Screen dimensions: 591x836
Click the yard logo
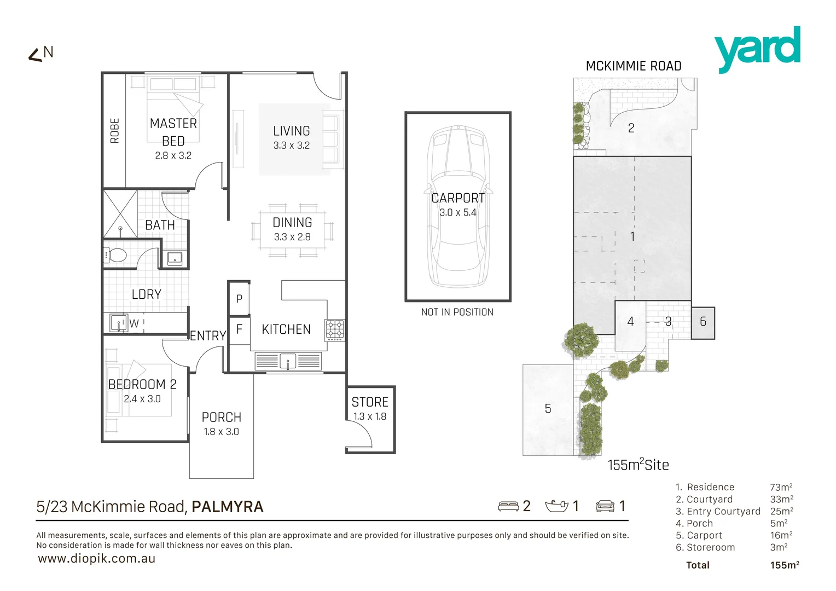pos(757,49)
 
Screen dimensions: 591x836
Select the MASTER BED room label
pos(173,132)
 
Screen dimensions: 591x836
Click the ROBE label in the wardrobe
pos(114,131)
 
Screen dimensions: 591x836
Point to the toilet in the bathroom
pos(116,255)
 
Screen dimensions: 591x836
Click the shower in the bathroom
pos(120,214)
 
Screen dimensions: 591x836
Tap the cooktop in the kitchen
pos(335,330)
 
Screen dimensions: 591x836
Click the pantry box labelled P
pos(239,299)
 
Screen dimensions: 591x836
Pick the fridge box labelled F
pos(239,330)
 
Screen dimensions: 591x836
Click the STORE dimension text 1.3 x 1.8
pos(369,416)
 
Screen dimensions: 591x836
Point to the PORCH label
pos(221,418)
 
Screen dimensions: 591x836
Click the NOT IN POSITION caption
pos(457,312)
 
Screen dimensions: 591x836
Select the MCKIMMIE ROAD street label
pos(633,66)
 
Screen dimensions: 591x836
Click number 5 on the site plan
pos(548,409)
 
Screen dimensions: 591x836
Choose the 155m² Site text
pos(638,465)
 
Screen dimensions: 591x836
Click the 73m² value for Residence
pos(781,487)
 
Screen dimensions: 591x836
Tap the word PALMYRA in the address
pos(228,507)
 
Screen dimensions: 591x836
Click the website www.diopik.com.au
pos(97,559)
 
